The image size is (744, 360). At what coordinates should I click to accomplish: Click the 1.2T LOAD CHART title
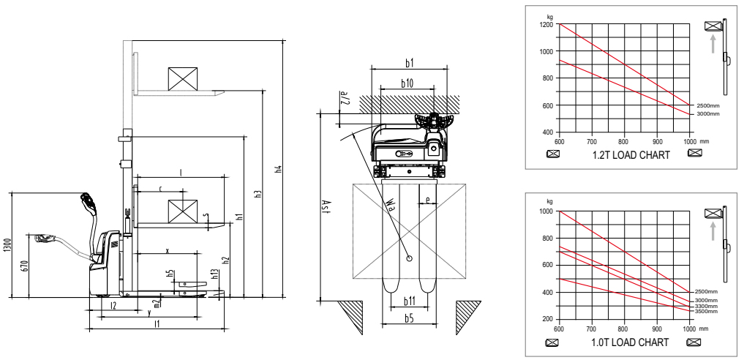coord(624,154)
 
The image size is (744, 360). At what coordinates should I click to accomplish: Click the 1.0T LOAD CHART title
coord(624,342)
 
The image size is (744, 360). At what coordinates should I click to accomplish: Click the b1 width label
coord(410,63)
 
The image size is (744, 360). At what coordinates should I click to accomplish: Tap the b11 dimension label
coord(410,300)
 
